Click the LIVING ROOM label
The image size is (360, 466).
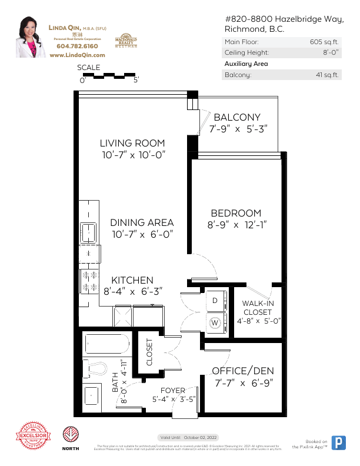132,143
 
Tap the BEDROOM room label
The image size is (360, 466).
236,213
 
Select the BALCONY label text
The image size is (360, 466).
237,118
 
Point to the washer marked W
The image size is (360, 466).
215,322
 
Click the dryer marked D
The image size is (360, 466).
215,301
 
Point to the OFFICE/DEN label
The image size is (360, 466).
243,371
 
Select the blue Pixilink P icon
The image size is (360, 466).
339,443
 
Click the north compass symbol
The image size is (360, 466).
71,434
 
